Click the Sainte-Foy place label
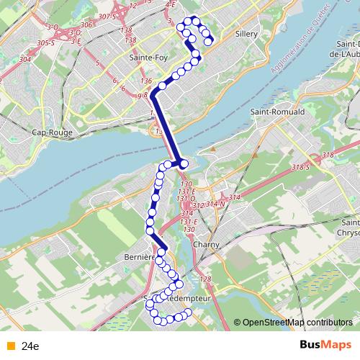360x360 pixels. (143, 56)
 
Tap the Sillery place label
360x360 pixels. (248, 34)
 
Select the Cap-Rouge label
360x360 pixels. (49, 132)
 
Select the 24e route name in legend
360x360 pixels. (30, 346)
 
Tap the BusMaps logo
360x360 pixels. (325, 345)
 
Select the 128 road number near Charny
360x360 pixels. (206, 279)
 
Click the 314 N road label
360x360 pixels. (215, 204)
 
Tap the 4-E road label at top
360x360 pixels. (171, 4)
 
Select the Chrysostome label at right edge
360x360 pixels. (348, 233)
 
